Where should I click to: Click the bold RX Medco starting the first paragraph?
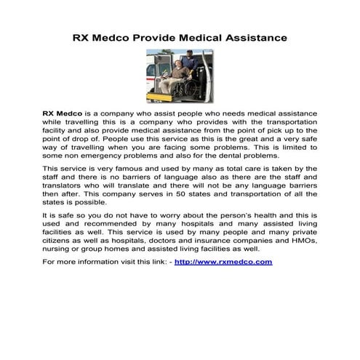[61, 114]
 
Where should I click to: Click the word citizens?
[61, 239]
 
